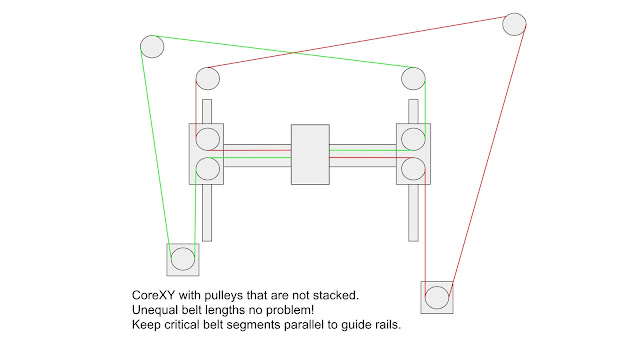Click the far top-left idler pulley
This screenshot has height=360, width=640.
point(152,46)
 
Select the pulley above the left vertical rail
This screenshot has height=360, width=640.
point(207,78)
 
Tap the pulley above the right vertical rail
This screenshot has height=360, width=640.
point(412,77)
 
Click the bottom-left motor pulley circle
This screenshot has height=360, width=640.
point(182,260)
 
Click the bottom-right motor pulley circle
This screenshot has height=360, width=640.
point(437,297)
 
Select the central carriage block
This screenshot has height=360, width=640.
point(309,154)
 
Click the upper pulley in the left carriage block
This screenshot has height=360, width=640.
point(207,139)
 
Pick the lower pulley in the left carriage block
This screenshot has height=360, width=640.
point(207,168)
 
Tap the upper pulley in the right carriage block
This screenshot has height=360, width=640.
point(412,139)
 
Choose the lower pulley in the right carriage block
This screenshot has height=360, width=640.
point(412,168)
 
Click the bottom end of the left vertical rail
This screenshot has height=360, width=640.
point(207,237)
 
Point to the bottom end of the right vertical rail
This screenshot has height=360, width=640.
point(412,237)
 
